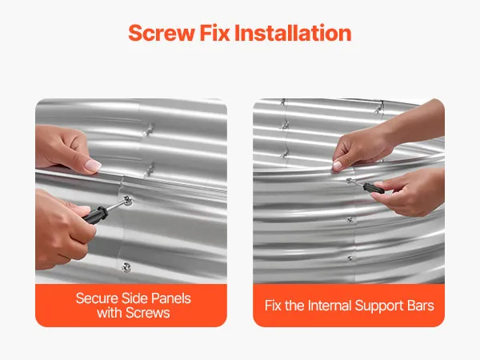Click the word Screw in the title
click(162, 33)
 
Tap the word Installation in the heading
click(293, 33)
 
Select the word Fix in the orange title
click(214, 33)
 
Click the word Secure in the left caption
click(97, 298)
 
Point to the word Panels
click(171, 298)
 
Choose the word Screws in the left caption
click(148, 313)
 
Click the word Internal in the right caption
click(330, 306)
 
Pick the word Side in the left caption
click(134, 298)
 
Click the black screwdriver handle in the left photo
click(95, 214)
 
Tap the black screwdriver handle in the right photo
click(374, 188)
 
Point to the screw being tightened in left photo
click(127, 201)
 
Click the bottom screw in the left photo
click(126, 267)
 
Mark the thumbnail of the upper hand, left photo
click(93, 166)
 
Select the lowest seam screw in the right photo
click(350, 258)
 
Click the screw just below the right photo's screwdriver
click(350, 220)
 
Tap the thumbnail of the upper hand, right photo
click(337, 166)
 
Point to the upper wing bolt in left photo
click(149, 130)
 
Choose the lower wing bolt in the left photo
click(150, 170)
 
